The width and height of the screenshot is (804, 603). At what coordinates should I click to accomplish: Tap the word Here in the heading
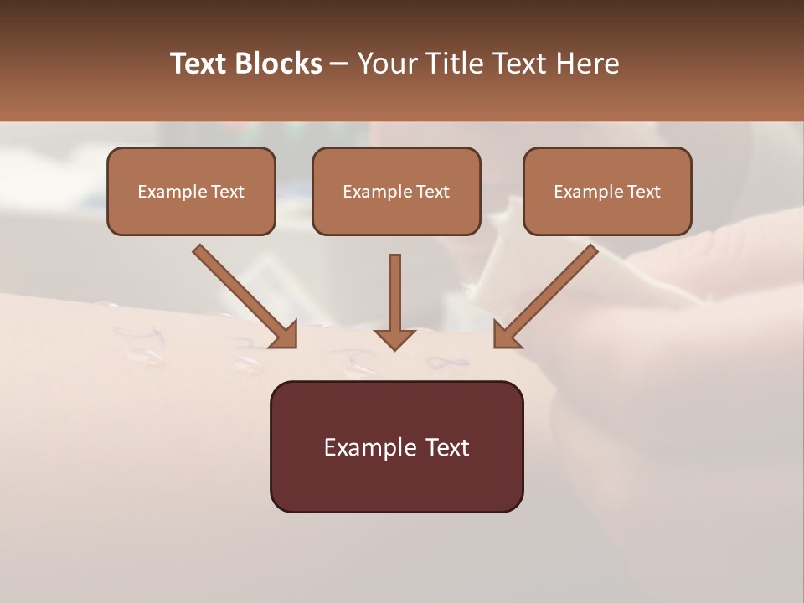pyautogui.click(x=585, y=64)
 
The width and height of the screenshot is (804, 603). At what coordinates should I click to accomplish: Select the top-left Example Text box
pyautogui.click(x=191, y=191)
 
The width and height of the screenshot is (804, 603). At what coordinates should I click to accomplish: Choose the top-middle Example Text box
pyautogui.click(x=396, y=191)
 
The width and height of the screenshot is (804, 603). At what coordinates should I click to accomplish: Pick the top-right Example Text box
pyautogui.click(x=607, y=191)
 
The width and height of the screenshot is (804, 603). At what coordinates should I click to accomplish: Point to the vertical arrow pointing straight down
pyautogui.click(x=394, y=293)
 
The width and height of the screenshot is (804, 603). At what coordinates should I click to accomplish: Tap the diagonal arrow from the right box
pyautogui.click(x=553, y=290)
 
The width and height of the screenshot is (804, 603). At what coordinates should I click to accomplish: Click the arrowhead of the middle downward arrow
pyautogui.click(x=394, y=338)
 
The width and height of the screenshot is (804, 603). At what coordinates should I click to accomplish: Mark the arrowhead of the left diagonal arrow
pyautogui.click(x=285, y=335)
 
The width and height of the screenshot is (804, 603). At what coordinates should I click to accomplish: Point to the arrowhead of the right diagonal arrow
pyautogui.click(x=505, y=336)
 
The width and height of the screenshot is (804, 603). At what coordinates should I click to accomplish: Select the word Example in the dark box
pyautogui.click(x=368, y=447)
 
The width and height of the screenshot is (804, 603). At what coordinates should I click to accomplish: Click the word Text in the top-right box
pyautogui.click(x=643, y=191)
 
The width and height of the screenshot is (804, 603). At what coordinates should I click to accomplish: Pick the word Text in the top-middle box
pyautogui.click(x=432, y=191)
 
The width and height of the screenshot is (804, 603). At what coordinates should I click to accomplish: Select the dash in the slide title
pyautogui.click(x=339, y=64)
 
